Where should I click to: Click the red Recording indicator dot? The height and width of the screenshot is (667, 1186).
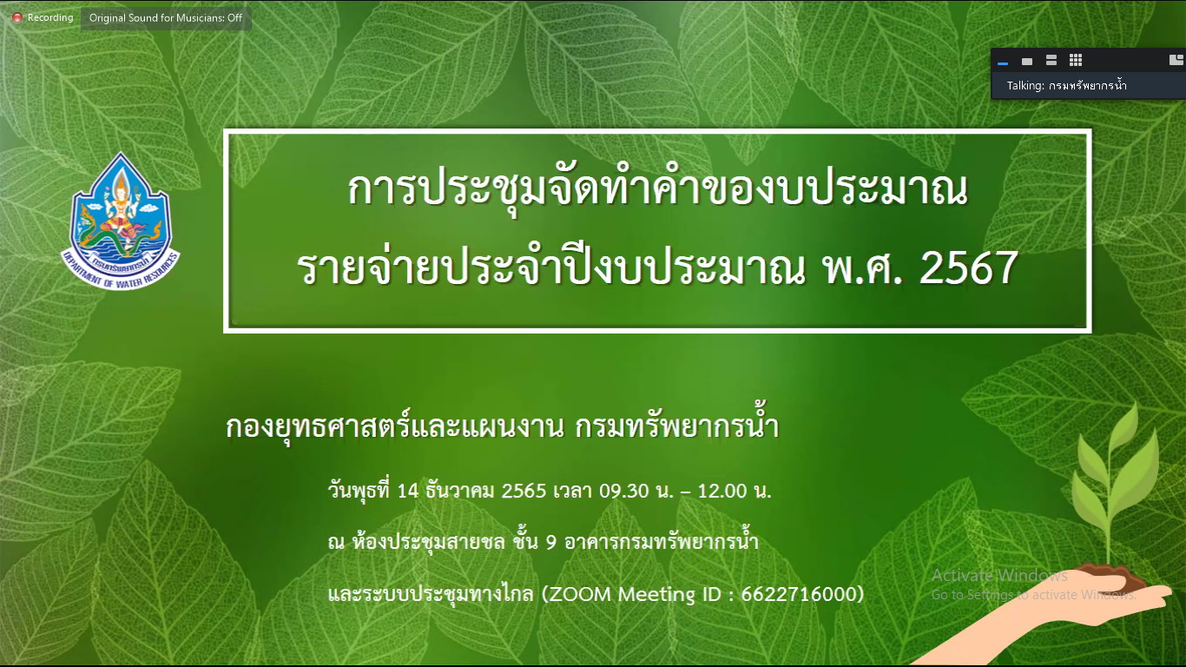pyautogui.click(x=17, y=18)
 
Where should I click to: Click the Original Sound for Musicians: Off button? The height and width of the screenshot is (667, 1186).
pyautogui.click(x=166, y=18)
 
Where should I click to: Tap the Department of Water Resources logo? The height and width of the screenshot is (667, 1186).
pyautogui.click(x=122, y=221)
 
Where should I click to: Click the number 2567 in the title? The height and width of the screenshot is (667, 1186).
pyautogui.click(x=968, y=267)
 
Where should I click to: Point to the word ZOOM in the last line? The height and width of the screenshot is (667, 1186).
pyautogui.click(x=580, y=594)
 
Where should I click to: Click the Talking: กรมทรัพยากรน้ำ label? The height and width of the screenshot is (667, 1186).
pyautogui.click(x=1066, y=86)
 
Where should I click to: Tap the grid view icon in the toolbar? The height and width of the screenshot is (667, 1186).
pyautogui.click(x=1076, y=61)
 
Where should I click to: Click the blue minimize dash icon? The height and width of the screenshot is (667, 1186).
pyautogui.click(x=1002, y=63)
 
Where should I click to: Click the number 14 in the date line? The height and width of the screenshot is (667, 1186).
pyautogui.click(x=408, y=491)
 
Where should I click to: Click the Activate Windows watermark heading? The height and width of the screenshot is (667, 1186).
pyautogui.click(x=999, y=575)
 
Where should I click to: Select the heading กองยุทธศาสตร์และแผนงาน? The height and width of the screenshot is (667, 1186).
pyautogui.click(x=395, y=428)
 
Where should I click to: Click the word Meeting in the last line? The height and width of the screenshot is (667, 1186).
pyautogui.click(x=656, y=594)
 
